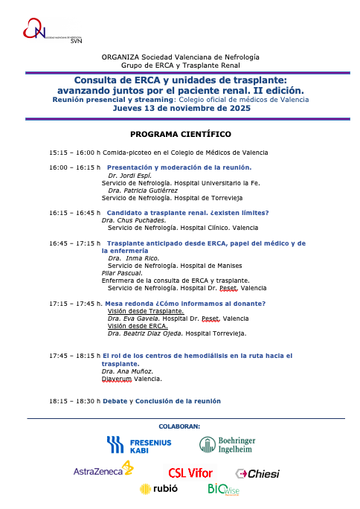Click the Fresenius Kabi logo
click(140, 445)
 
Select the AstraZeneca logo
click(103, 470)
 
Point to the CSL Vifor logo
click(190, 473)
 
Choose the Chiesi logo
click(257, 473)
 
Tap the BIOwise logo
click(222, 490)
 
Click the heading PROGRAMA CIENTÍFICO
click(181, 134)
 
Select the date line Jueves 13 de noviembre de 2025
click(181, 108)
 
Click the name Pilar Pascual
click(120, 273)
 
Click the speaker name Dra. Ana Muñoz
click(127, 371)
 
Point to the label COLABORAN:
click(180, 426)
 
